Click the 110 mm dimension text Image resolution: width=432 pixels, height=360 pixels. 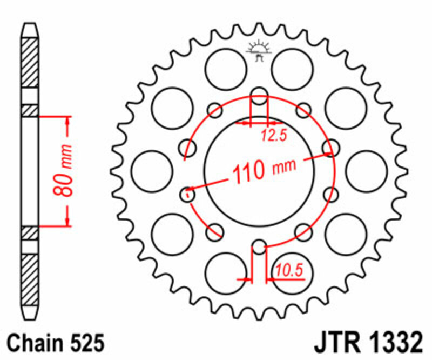tap(264, 170)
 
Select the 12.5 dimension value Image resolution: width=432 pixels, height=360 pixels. tap(273, 136)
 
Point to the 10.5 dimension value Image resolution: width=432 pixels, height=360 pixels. tap(288, 269)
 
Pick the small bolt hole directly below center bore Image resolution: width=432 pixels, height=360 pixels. tap(259, 248)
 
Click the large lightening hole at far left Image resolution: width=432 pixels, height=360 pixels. tap(152, 171)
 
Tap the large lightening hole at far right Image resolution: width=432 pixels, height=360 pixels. tap(367, 171)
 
